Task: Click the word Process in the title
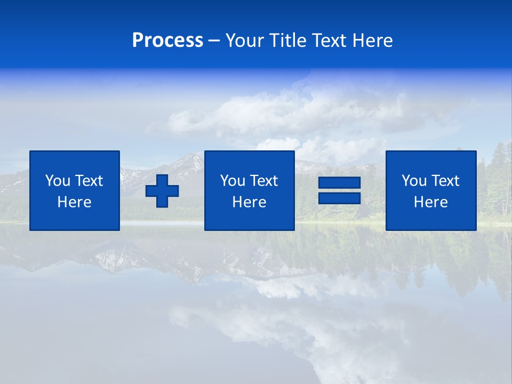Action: [x=167, y=41]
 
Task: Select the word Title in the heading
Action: [x=288, y=41]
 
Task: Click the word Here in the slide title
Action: [x=373, y=41]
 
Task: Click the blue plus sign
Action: [x=162, y=191]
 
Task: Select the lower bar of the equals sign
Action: [x=339, y=198]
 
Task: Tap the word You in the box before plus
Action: [x=58, y=181]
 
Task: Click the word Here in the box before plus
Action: [x=75, y=202]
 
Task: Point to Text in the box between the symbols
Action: [x=263, y=181]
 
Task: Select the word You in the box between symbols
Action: [x=233, y=181]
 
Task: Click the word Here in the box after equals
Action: [x=430, y=202]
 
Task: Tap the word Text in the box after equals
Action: [x=445, y=181]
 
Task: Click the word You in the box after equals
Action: [x=414, y=181]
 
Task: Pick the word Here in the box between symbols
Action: [x=249, y=202]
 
